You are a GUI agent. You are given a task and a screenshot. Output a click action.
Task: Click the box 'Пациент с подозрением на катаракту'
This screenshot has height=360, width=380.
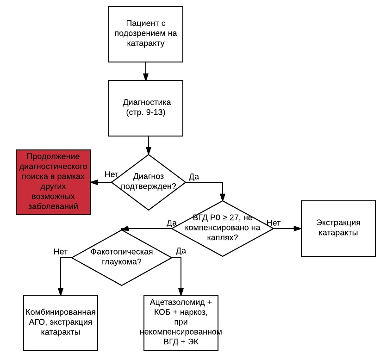(x=146, y=34)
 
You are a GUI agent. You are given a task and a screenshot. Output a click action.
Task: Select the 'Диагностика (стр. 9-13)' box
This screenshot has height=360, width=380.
(x=146, y=107)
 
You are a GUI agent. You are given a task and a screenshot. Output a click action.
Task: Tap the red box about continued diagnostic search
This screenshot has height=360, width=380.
(x=53, y=182)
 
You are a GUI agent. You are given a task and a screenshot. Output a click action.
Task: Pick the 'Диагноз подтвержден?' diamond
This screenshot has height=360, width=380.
(x=149, y=182)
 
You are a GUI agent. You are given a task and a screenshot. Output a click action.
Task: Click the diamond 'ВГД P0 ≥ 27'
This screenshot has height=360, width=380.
(x=223, y=228)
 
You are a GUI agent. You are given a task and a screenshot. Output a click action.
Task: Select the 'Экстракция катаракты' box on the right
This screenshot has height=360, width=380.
(x=338, y=228)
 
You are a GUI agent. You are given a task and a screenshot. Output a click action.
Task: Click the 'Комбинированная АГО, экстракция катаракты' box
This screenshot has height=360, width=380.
(x=61, y=323)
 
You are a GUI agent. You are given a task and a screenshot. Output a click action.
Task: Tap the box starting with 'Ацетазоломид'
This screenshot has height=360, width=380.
(x=181, y=323)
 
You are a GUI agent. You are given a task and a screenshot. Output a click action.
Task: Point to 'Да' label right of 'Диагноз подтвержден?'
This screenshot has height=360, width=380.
(x=194, y=177)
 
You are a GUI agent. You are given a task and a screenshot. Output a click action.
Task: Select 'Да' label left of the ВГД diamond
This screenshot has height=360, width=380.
(x=171, y=223)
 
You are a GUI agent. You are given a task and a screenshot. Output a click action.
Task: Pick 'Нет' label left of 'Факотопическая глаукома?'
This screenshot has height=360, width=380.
(x=61, y=252)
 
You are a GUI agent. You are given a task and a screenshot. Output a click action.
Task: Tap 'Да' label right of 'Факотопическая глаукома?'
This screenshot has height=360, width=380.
(x=181, y=251)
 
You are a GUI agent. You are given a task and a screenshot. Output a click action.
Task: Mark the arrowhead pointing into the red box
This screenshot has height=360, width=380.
(x=94, y=182)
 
